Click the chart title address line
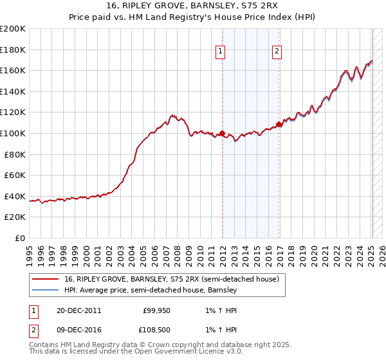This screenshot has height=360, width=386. (x=192, y=6)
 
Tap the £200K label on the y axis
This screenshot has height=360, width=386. (x=13, y=29)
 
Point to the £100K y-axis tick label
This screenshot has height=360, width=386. (x=13, y=133)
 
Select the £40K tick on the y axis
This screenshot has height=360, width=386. (x=14, y=196)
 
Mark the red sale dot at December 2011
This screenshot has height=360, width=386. (x=222, y=134)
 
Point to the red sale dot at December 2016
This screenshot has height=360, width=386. (x=279, y=124)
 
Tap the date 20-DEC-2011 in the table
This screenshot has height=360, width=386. (x=78, y=310)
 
